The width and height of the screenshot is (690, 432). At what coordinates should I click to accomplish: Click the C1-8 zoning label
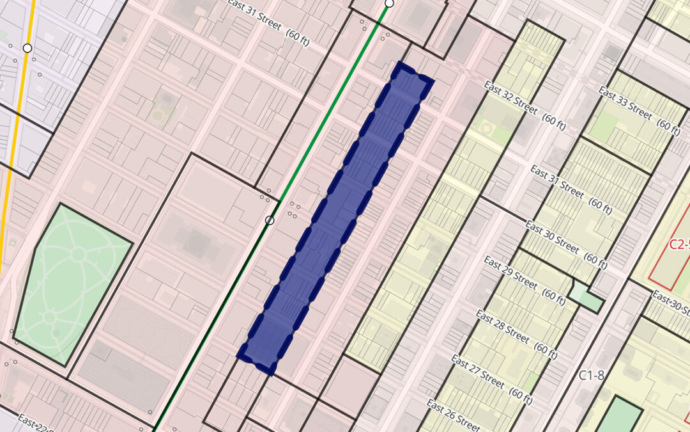[592, 376]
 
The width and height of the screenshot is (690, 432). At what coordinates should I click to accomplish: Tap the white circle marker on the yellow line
[27, 48]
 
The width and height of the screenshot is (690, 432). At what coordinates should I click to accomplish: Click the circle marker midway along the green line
[270, 220]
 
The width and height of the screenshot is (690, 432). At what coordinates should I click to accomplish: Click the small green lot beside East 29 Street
[586, 296]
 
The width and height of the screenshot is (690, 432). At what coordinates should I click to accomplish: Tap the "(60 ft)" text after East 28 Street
[544, 349]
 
